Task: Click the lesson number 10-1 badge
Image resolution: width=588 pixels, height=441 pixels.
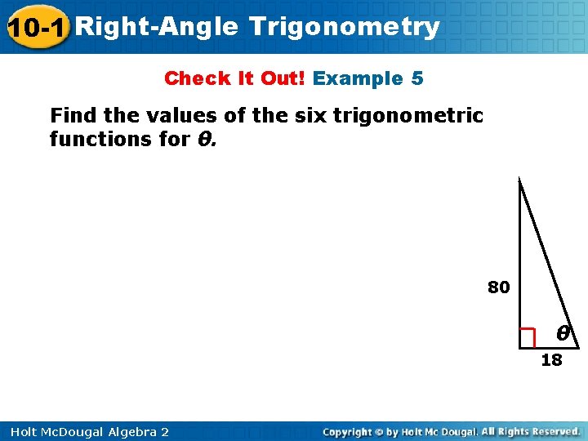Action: coord(37,27)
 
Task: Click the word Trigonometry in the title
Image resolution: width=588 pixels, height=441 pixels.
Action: coord(345,27)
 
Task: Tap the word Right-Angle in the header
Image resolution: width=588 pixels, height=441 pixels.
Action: coord(159,27)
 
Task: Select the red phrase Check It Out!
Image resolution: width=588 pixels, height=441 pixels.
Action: coord(234,78)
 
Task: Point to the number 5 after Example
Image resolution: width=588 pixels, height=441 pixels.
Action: coord(417,78)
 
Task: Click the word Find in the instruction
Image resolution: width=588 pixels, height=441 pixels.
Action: coord(73,115)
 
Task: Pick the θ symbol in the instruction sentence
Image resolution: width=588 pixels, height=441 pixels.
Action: coord(204,139)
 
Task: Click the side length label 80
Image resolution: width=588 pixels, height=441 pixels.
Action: coord(499,287)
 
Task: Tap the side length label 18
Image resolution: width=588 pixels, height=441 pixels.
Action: coord(552,360)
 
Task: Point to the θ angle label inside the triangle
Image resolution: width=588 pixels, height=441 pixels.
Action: coord(563,334)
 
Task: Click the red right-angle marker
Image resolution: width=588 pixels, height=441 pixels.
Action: coord(528,336)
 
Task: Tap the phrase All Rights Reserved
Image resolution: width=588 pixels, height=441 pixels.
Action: coord(531,431)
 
